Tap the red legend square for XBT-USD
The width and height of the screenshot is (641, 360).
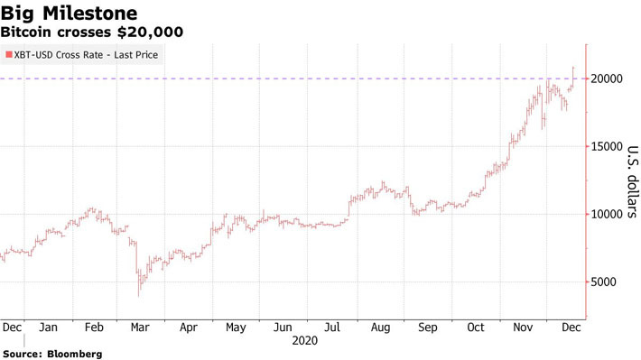click(x=9, y=56)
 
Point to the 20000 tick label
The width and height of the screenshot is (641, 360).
click(x=610, y=79)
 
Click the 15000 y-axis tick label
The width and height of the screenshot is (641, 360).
click(x=610, y=147)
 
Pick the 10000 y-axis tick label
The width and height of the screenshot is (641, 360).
click(x=610, y=215)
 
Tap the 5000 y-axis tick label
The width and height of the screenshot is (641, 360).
click(x=607, y=282)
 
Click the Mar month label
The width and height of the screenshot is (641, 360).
click(x=140, y=328)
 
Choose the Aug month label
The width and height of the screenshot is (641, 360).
click(x=378, y=328)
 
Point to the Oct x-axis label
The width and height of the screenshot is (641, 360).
click(x=476, y=328)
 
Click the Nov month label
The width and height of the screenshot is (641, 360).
click(x=524, y=328)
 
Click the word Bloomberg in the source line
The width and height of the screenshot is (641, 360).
click(x=75, y=354)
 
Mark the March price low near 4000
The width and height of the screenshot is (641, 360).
click(x=138, y=294)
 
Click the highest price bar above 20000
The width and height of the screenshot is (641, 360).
click(x=574, y=69)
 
